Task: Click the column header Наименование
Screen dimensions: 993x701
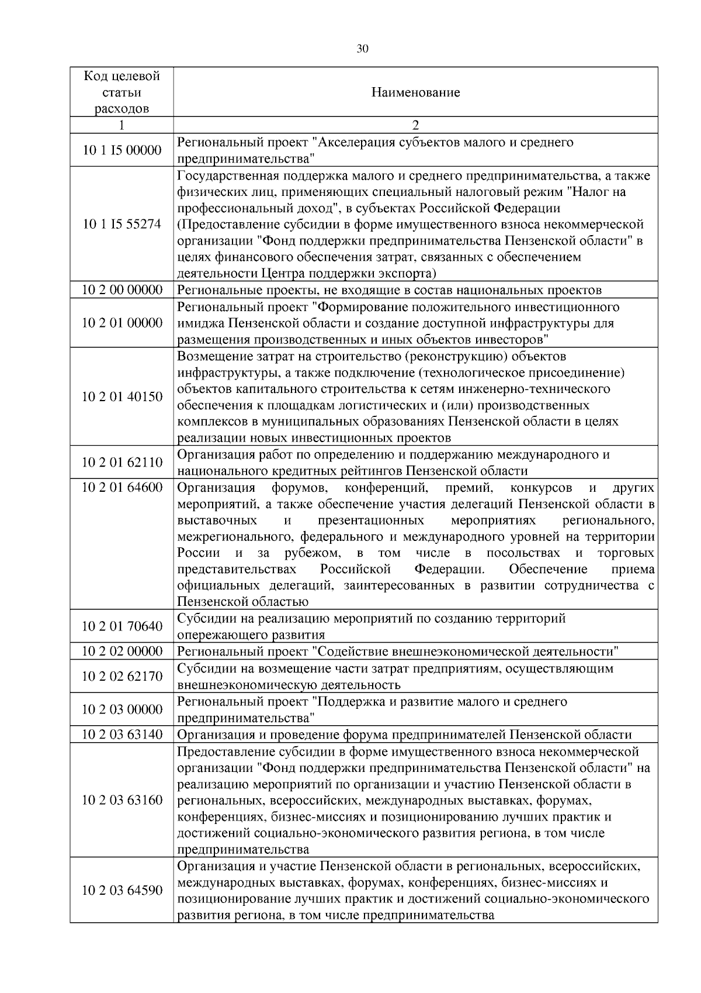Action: pyautogui.click(x=415, y=92)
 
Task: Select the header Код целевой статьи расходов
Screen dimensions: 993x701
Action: pyautogui.click(x=122, y=92)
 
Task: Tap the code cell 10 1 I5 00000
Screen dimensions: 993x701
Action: pyautogui.click(x=122, y=150)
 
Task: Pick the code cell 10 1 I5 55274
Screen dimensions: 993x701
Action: pyautogui.click(x=122, y=224)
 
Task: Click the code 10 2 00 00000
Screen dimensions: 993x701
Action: pyautogui.click(x=122, y=290)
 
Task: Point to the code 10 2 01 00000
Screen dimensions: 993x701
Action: pyautogui.click(x=122, y=323)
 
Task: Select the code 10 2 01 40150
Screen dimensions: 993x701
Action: pyautogui.click(x=122, y=397)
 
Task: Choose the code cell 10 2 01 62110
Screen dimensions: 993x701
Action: pyautogui.click(x=122, y=463)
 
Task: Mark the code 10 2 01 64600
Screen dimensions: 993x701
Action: pyautogui.click(x=122, y=488)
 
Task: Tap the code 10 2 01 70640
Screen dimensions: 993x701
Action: pyautogui.click(x=122, y=626)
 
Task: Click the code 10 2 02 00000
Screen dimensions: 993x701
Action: pyautogui.click(x=122, y=651)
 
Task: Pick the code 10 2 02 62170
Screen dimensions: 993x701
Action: pyautogui.click(x=122, y=677)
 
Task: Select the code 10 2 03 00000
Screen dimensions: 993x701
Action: pyautogui.click(x=122, y=709)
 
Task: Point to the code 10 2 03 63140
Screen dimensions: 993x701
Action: pyautogui.click(x=122, y=735)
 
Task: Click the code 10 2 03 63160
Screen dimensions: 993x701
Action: pyautogui.click(x=122, y=800)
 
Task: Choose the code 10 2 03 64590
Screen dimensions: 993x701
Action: pyautogui.click(x=122, y=891)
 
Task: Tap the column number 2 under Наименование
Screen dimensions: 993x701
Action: pyautogui.click(x=415, y=125)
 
